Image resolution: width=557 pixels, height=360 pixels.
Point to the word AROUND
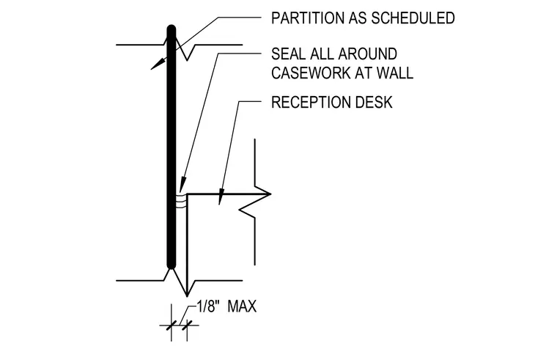point(368,54)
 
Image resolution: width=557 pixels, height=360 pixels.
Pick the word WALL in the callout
point(395,73)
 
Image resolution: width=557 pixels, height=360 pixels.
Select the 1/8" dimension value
point(207,306)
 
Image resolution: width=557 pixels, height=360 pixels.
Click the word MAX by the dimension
point(242,306)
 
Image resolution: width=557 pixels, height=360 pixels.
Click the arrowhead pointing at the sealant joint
point(182,185)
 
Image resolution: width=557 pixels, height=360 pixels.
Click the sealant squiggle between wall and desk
point(181,201)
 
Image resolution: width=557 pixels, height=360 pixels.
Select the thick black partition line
point(171,147)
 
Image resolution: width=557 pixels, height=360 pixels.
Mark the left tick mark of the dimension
point(171,325)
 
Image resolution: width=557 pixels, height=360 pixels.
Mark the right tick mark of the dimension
point(187,325)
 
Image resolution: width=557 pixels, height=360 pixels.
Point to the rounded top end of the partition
point(171,28)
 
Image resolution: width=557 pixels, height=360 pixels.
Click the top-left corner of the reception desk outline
point(187,194)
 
